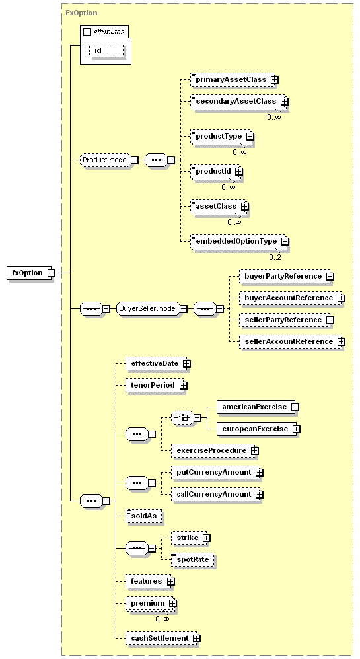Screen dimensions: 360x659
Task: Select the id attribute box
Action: coord(106,50)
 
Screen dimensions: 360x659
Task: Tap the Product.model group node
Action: coord(105,160)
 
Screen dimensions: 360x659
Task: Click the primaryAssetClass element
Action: coord(231,79)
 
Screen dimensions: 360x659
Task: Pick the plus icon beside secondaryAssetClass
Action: coord(285,101)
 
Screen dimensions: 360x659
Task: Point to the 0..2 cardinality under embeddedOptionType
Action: coord(275,257)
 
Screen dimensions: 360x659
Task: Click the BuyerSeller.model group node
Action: coord(147,308)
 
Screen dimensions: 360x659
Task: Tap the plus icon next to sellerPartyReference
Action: coord(330,320)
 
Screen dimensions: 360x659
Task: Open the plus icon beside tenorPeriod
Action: coord(184,385)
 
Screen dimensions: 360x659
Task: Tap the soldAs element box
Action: coord(144,516)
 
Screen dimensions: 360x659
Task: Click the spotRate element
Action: coord(193,559)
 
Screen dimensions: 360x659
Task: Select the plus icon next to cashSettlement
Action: coord(196,638)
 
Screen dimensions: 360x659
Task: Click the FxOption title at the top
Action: coord(82,13)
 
